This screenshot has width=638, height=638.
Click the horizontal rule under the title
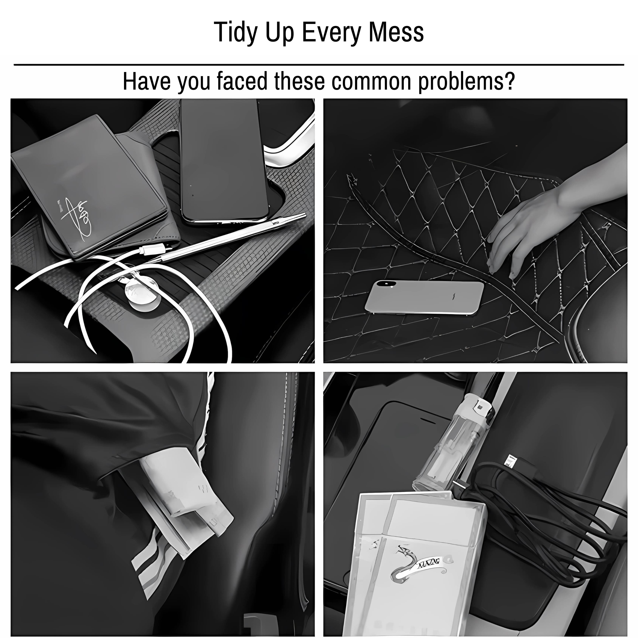tap(319, 65)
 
